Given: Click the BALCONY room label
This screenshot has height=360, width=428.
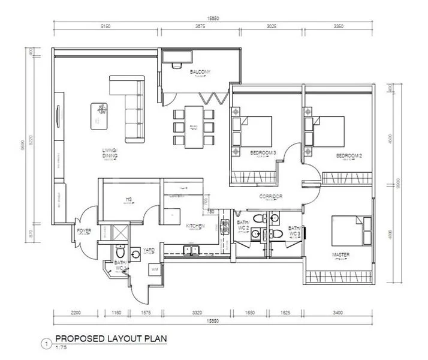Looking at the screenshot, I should [200, 72].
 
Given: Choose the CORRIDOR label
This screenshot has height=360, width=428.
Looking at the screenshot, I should [271, 196].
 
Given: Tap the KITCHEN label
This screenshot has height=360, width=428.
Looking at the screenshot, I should [195, 226].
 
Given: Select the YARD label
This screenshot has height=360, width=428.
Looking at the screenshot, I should [148, 250].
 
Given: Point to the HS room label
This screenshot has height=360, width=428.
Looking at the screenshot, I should [128, 200].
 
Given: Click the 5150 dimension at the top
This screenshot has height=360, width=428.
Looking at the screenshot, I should [106, 27].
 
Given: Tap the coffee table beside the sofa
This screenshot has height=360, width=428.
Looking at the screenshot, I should [100, 116].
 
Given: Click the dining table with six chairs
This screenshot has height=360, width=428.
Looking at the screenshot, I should [194, 127].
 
